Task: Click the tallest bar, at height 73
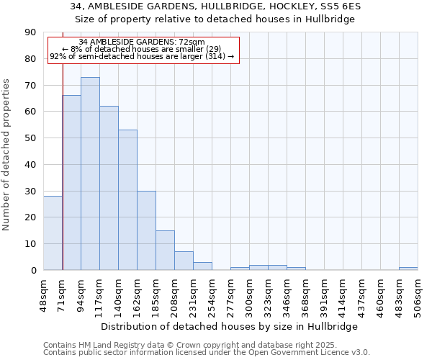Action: point(90,174)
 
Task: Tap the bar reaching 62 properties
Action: point(109,188)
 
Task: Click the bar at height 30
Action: point(146,230)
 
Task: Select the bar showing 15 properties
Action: point(165,251)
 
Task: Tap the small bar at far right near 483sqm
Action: point(408,269)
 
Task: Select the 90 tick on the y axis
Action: point(30,32)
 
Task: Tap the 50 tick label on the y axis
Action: point(30,138)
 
